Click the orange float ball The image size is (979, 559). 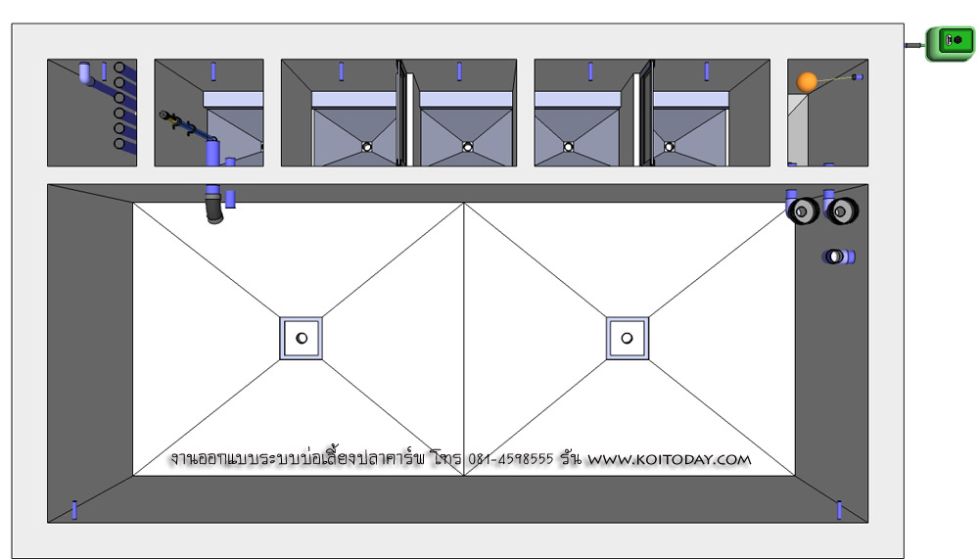[807, 82]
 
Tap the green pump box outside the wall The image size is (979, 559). [950, 43]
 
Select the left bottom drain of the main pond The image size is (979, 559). [301, 338]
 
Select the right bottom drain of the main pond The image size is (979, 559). [627, 338]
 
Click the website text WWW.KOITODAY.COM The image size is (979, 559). [670, 460]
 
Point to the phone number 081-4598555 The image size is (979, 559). [510, 459]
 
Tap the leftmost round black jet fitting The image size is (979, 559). [803, 211]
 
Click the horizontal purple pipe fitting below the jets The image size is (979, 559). [839, 256]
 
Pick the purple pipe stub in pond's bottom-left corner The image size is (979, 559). [75, 510]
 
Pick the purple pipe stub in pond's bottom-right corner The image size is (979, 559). [839, 510]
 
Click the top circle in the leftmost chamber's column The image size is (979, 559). [119, 68]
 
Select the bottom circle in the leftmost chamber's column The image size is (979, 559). [119, 144]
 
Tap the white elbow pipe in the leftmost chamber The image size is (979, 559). [85, 72]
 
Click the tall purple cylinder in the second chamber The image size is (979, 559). [212, 153]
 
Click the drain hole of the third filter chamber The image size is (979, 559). [367, 147]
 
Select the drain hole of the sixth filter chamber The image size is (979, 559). [669, 147]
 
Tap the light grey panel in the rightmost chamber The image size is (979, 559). [797, 130]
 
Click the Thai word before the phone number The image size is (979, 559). [447, 458]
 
